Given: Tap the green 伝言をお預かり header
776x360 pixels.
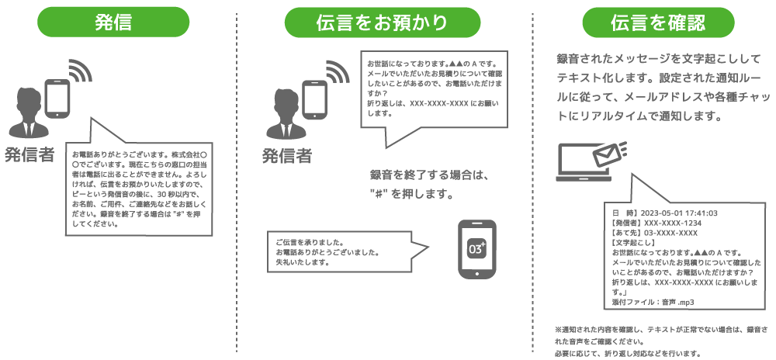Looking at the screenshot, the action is point(381,22).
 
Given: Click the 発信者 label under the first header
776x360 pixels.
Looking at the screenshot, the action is point(29,154).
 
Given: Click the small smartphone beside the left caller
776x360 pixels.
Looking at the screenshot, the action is point(58,99).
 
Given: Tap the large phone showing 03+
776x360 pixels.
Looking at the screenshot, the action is point(476,250).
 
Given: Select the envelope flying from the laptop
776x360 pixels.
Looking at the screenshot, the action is point(610,154).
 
